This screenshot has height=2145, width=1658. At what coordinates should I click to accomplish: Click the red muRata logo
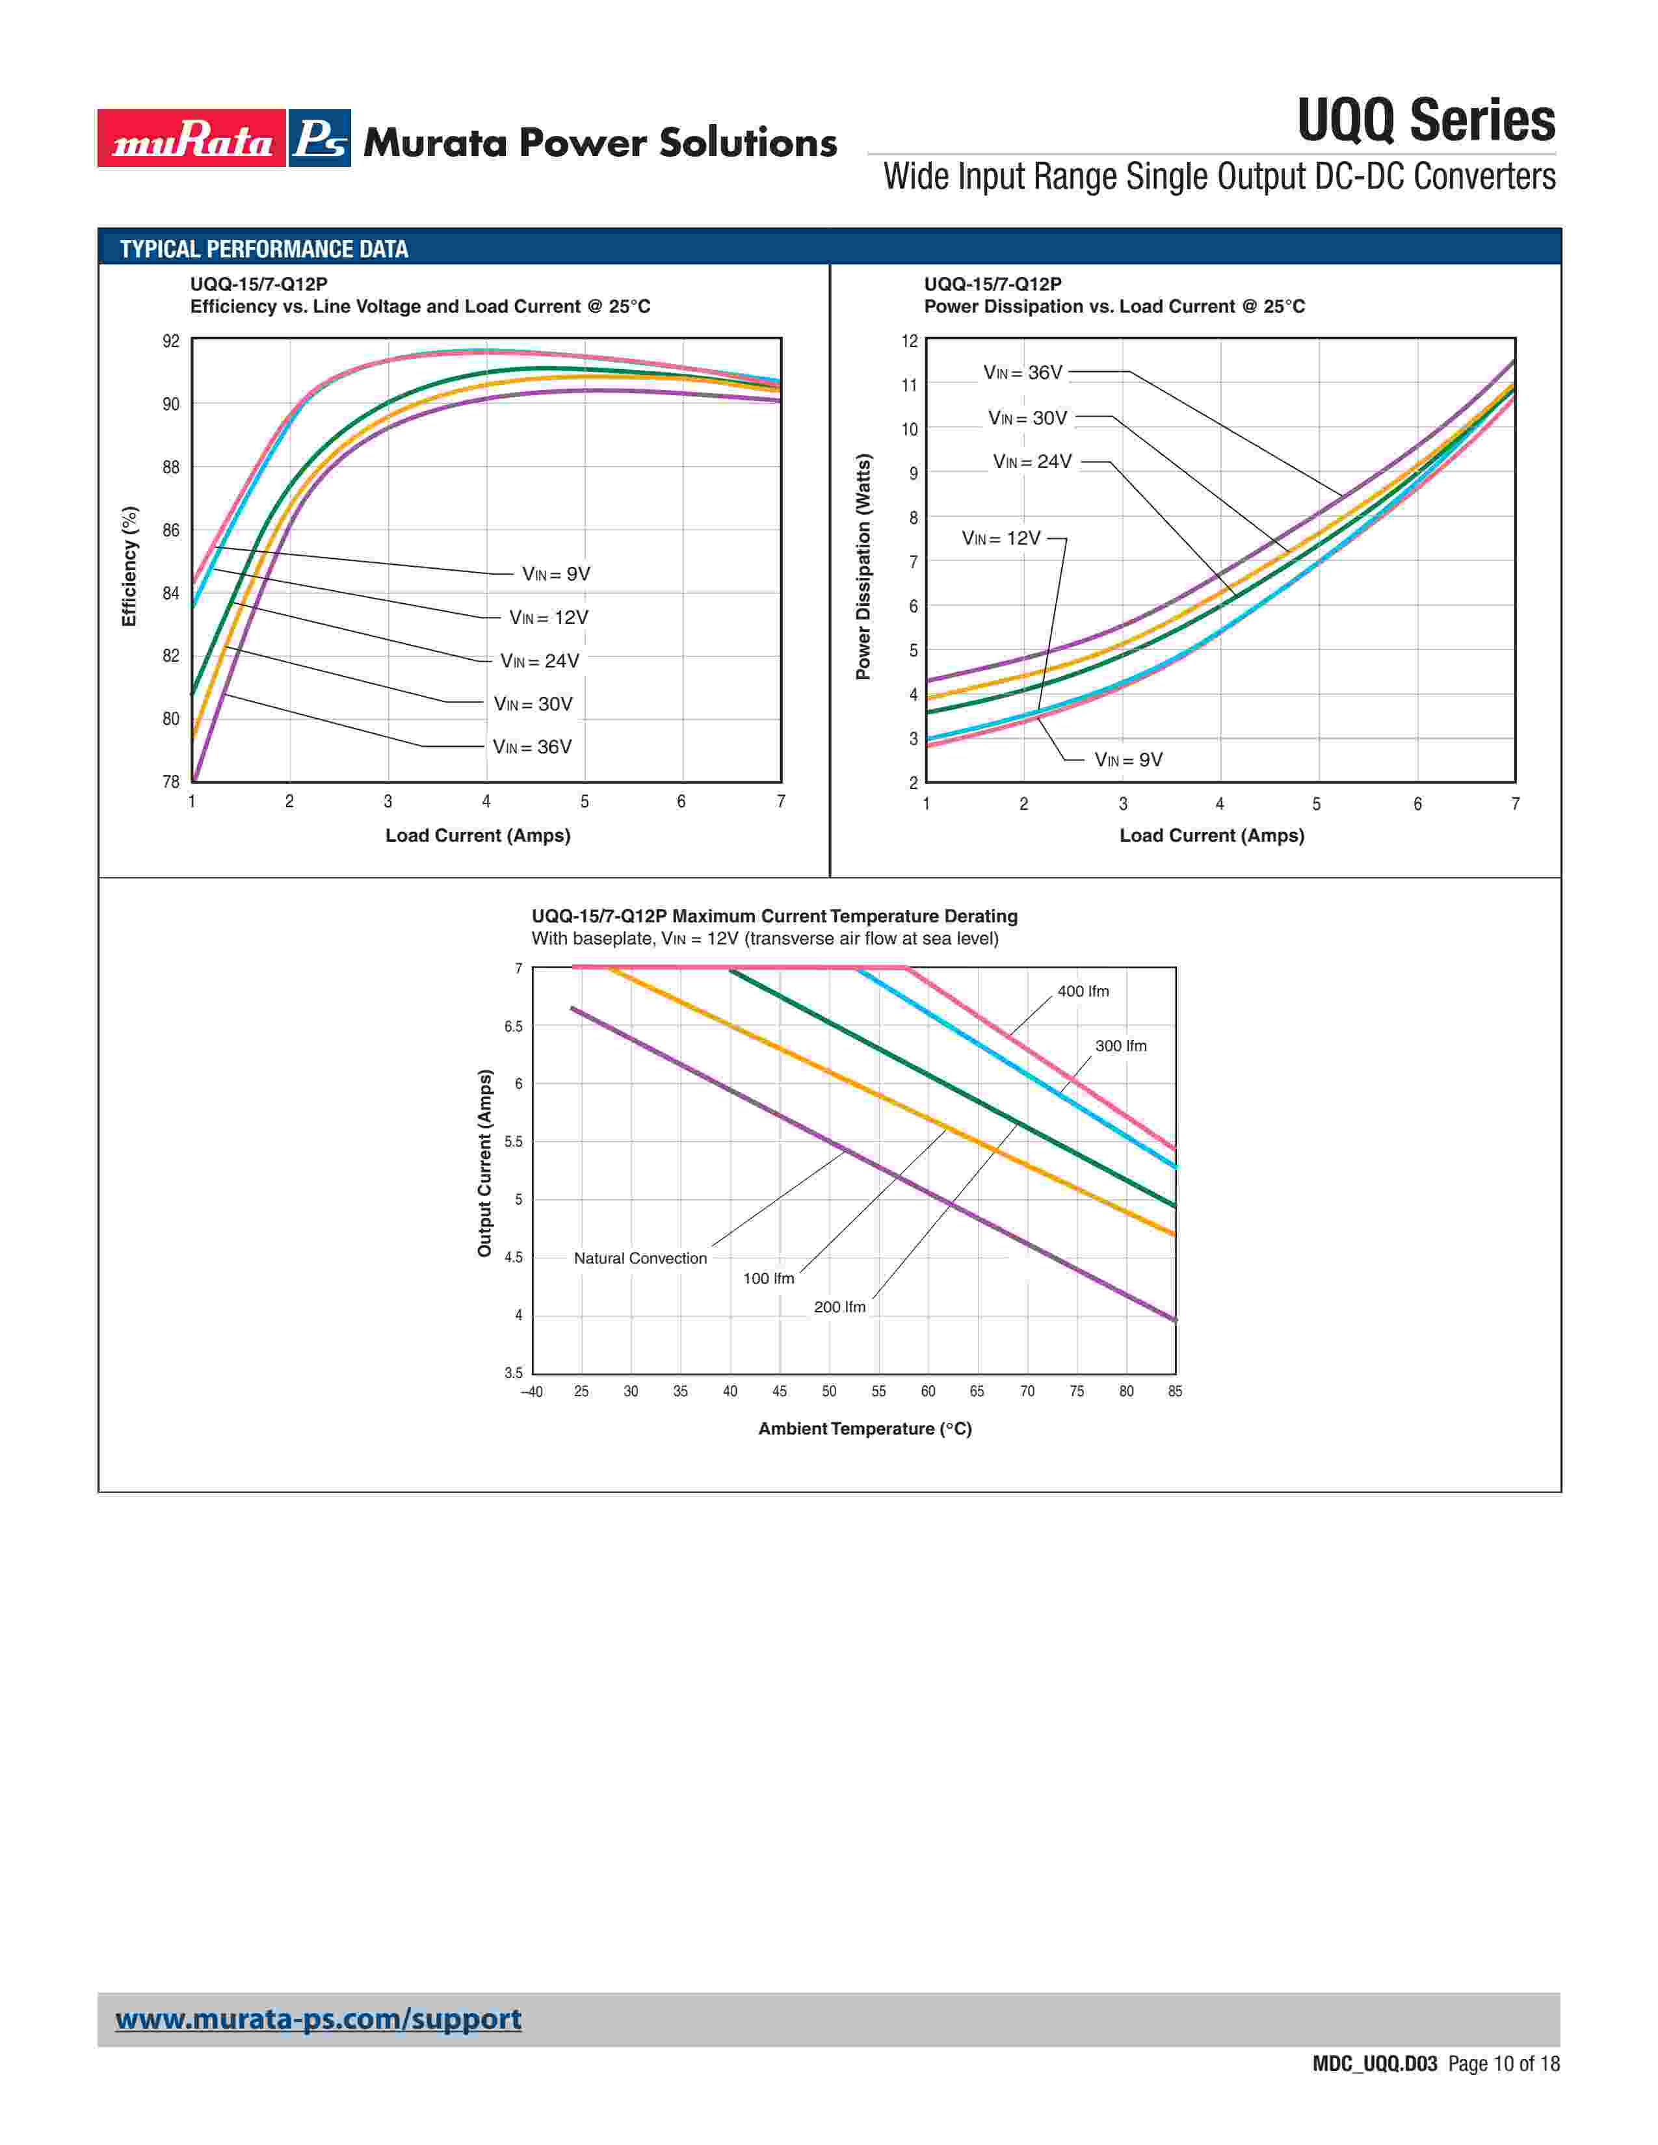pos(192,138)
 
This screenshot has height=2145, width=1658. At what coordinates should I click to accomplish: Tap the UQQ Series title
pos(1425,121)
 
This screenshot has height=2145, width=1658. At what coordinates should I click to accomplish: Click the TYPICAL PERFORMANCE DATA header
pos(263,250)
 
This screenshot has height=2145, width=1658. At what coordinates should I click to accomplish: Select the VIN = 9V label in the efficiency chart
pos(556,575)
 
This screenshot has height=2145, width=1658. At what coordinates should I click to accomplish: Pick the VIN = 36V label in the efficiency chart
pos(533,747)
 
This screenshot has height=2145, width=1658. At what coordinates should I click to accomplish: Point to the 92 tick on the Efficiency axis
pos(171,342)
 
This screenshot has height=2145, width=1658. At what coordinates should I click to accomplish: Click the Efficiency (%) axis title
pos(129,567)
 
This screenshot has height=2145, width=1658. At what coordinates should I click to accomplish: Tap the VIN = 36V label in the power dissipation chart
pos(1023,373)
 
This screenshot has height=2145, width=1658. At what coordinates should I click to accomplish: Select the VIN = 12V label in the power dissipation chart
pos(1001,538)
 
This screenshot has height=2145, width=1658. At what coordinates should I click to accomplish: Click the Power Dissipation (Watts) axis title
pos(863,567)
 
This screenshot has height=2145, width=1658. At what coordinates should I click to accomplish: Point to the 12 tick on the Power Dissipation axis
pos(910,342)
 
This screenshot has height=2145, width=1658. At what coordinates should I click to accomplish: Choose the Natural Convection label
pos(640,1259)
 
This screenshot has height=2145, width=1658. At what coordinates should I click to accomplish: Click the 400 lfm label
pos(1083,992)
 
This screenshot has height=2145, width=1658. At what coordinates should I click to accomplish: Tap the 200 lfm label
pos(840,1307)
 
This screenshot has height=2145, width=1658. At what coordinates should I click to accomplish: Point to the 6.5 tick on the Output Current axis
pos(514,1027)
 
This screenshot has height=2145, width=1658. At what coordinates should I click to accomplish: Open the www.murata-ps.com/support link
pos(318,2020)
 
